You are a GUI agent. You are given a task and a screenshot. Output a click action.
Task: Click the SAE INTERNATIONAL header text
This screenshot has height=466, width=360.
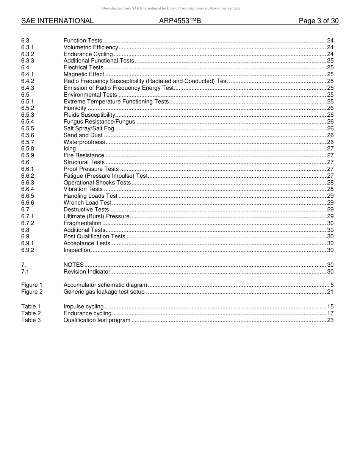tap(57, 21)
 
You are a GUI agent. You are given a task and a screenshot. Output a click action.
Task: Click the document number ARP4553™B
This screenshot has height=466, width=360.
tap(180, 21)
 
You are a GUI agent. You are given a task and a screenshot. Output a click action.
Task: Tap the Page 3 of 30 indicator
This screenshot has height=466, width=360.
tap(318, 21)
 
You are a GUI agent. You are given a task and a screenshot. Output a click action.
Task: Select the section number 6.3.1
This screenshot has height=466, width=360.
tap(28, 47)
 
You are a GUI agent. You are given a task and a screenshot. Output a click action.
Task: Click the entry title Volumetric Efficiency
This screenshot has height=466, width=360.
tap(91, 47)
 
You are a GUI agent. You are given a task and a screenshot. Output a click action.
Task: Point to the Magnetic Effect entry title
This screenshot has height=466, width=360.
tap(84, 75)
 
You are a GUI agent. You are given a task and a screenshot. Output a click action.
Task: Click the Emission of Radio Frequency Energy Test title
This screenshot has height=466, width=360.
tap(119, 88)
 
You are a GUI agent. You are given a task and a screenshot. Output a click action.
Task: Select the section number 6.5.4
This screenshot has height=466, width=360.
tap(28, 122)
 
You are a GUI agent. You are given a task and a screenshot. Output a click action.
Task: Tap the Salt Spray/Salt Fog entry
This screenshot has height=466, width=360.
tap(89, 128)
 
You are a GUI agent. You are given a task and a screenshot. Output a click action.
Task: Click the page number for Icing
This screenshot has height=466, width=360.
tap(330, 149)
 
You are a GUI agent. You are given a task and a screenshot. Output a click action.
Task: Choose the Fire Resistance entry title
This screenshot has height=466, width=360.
tap(84, 155)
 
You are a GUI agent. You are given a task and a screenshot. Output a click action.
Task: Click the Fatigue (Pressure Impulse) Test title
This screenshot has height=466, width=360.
tap(105, 176)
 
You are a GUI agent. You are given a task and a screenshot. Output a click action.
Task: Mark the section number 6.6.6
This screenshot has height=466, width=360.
tap(28, 203)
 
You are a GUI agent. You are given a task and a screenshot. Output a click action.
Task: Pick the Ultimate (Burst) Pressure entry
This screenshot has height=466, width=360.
tap(97, 216)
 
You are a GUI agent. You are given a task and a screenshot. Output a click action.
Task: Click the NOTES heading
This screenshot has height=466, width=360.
tap(74, 265)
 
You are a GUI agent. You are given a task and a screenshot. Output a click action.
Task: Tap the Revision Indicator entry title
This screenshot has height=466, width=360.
tap(87, 272)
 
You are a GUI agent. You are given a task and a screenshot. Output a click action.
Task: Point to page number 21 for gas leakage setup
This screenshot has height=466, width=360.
tap(330, 292)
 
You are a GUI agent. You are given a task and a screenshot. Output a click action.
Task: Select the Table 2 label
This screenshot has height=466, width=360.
tap(31, 313)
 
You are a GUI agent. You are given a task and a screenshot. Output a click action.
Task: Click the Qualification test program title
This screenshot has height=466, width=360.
tap(97, 320)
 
